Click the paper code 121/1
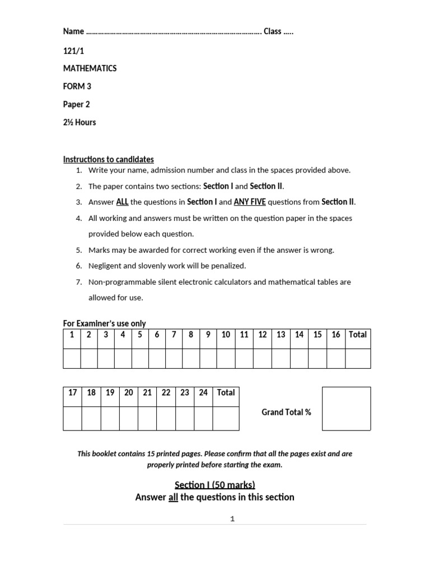pos(73,50)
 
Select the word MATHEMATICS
pos(90,68)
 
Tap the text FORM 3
pos(77,86)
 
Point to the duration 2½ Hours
pos(79,122)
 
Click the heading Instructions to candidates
pos(108,159)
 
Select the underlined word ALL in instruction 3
pos(122,202)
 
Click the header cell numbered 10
pos(226,335)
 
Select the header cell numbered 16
pos(336,335)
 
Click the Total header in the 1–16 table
pos(358,335)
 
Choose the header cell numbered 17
pos(73,392)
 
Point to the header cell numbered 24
pos(203,392)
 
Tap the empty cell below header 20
pos(129,418)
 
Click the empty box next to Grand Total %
pos(346,409)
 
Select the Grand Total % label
pos(286,413)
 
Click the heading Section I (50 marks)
pos(214,484)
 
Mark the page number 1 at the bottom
pos(232,519)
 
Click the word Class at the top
pos(272,31)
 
